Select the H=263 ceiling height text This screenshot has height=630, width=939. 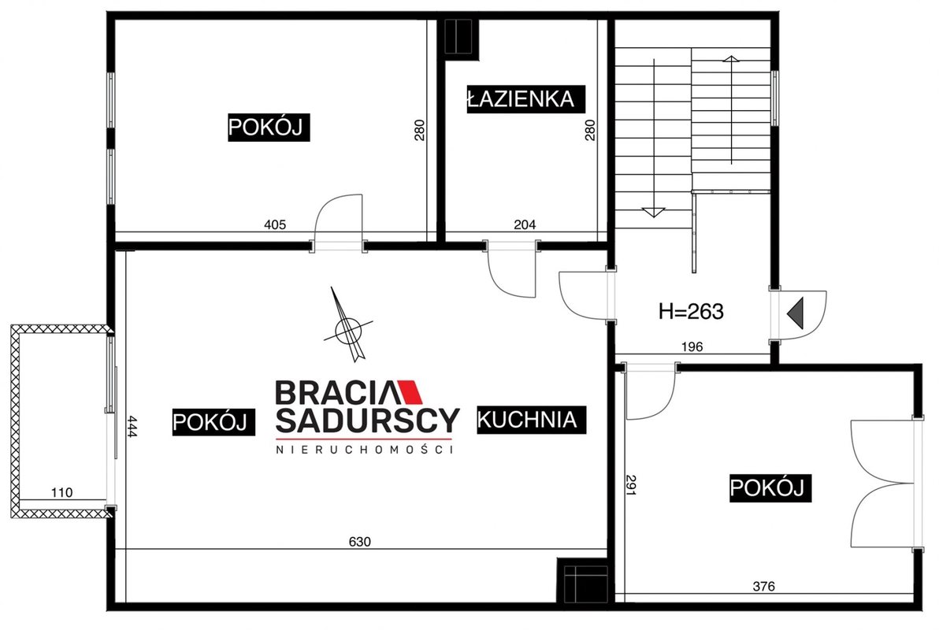[691, 311]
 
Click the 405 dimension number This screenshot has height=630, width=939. [275, 224]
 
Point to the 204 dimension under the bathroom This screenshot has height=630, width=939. [525, 224]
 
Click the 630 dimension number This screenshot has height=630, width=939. [360, 542]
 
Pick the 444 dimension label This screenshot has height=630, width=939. [132, 427]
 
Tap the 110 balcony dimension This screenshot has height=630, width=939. [61, 492]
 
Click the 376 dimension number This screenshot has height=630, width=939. [763, 586]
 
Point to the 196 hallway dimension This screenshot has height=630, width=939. [692, 346]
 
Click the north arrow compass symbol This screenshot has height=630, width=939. [349, 326]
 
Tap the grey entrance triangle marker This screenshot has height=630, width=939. [796, 313]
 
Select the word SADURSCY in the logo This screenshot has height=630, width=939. [367, 420]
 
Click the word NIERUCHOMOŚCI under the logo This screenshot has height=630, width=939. [364, 449]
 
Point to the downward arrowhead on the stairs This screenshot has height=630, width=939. [653, 212]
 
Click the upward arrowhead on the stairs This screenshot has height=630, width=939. [730, 59]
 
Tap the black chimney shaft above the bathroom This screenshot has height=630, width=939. [458, 37]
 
